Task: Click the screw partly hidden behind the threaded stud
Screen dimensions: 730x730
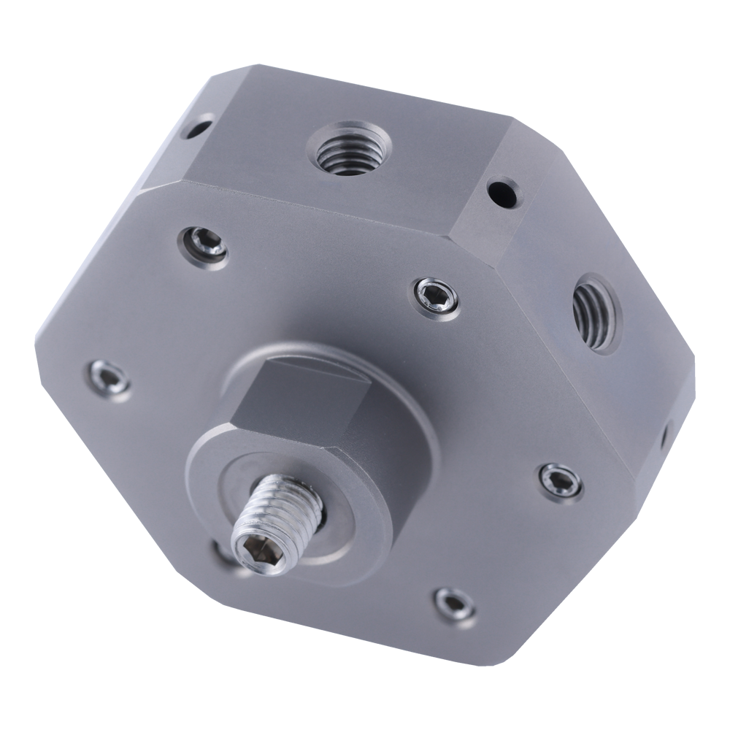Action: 223,551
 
